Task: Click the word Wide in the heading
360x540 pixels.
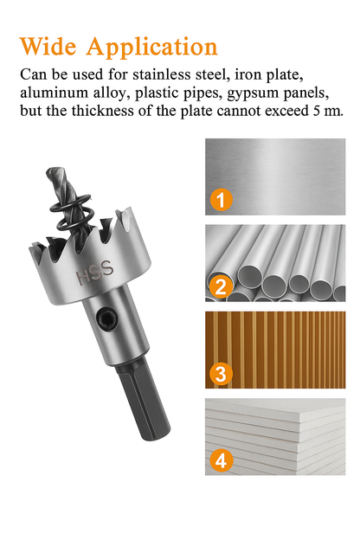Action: [48, 46]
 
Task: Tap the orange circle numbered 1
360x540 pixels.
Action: [221, 200]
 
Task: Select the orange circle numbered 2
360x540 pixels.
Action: [221, 286]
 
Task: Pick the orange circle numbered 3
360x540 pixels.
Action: [221, 374]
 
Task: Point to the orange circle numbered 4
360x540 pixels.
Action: [221, 460]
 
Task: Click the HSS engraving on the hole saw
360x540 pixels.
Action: [94, 273]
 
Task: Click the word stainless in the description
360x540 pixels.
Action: [162, 74]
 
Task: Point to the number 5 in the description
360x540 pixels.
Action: [316, 112]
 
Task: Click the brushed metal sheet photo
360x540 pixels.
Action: [275, 177]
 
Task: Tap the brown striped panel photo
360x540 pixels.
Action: [275, 350]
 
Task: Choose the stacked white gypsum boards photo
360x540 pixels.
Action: [275, 437]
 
